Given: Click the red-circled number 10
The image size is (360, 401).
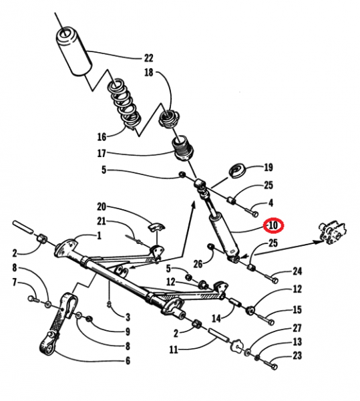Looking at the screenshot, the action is (x=273, y=226).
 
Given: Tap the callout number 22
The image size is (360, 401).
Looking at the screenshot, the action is (x=148, y=58).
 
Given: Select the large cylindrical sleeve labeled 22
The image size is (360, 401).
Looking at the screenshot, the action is (x=73, y=51).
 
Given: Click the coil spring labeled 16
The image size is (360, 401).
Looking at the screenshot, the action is (x=126, y=104).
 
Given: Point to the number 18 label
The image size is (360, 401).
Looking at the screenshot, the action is (x=149, y=72).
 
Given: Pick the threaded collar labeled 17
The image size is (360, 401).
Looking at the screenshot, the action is (x=183, y=148).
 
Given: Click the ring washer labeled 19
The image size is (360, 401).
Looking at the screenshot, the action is (x=238, y=171).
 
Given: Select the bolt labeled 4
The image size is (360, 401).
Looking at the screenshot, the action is (x=252, y=212).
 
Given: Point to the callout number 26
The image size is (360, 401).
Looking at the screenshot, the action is (x=198, y=264).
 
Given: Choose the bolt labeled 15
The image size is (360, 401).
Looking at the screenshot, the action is (x=266, y=319).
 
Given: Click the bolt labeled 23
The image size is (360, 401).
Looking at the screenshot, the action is (x=271, y=364).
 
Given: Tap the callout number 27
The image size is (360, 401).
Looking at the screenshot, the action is (x=297, y=328).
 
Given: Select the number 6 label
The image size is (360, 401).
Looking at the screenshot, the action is (x=128, y=361).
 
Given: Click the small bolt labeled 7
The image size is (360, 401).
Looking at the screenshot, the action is (x=33, y=299).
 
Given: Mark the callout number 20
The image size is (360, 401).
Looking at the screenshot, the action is (x=102, y=206).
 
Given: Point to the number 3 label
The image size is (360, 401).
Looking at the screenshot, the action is (x=128, y=317).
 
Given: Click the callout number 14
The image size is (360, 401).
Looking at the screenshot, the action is (x=216, y=318).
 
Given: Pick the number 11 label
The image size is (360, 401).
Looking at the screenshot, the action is (x=174, y=350).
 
